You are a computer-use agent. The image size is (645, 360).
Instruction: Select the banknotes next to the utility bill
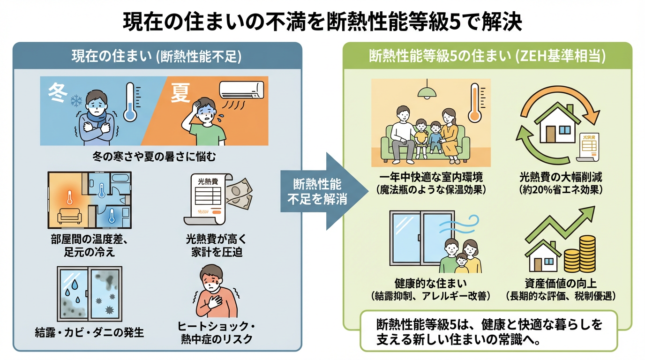click(239, 196)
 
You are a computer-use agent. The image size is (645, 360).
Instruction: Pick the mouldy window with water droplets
click(89, 293)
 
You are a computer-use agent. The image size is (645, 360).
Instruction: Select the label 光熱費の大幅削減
click(561, 178)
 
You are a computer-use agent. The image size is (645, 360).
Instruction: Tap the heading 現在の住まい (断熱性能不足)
click(157, 57)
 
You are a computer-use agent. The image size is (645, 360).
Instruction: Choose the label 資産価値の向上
click(560, 284)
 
